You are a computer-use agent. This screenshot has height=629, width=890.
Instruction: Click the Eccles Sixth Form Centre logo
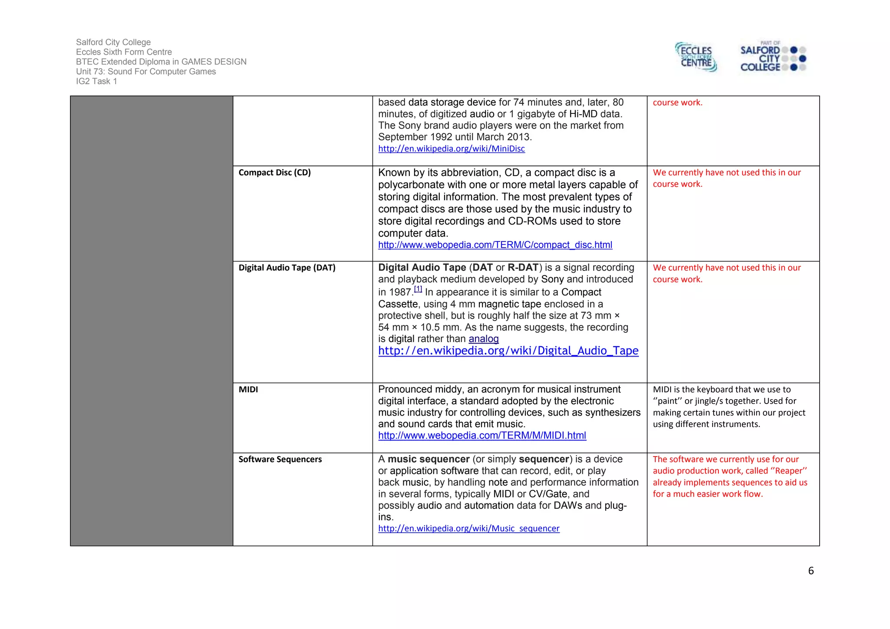click(696, 57)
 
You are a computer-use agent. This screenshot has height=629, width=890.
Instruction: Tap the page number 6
click(810, 571)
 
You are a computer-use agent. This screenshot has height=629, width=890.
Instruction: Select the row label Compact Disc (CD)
click(274, 172)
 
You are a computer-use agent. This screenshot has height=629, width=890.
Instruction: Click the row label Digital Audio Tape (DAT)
click(287, 268)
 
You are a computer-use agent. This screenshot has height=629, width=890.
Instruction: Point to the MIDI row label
click(248, 389)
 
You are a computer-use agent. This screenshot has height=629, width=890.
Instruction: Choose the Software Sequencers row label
click(280, 459)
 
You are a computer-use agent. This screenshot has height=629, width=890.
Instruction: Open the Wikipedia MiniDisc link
click(451, 149)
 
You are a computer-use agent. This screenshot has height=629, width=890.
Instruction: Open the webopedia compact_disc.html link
click(495, 245)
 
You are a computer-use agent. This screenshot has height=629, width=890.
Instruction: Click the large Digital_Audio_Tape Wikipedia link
click(508, 351)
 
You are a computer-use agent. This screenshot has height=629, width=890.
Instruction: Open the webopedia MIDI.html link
click(482, 435)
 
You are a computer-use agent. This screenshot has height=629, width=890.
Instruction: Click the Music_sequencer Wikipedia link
click(468, 528)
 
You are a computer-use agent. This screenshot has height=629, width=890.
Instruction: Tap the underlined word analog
click(483, 339)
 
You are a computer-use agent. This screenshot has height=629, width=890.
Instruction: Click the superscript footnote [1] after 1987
click(418, 289)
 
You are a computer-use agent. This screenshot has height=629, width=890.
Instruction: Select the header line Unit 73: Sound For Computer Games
click(146, 71)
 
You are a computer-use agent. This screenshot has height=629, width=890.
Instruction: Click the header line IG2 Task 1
click(96, 81)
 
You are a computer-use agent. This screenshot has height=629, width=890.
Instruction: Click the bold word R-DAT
click(523, 268)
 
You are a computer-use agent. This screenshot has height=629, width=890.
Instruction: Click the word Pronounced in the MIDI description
click(405, 389)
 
